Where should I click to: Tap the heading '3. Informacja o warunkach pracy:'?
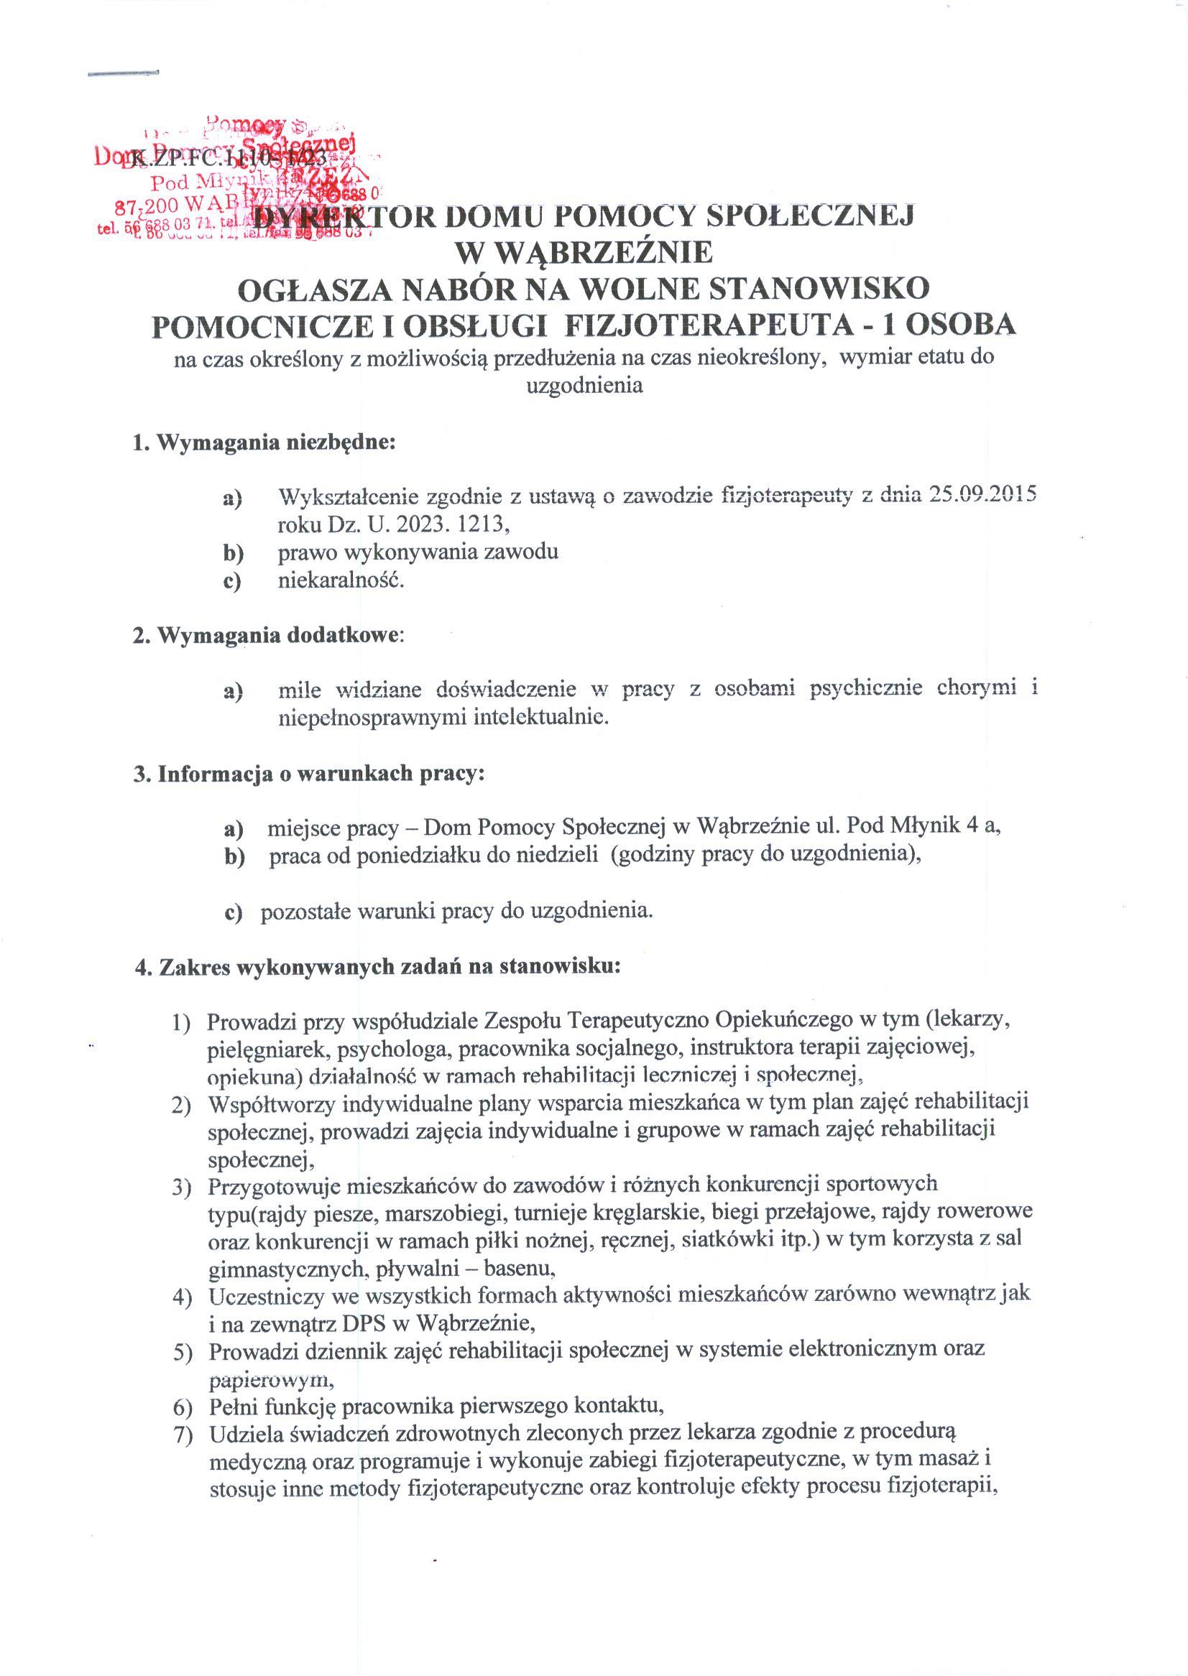[310, 774]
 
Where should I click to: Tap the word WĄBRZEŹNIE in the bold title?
[583, 253]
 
